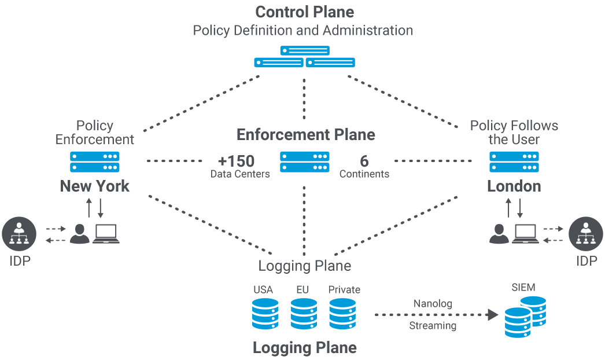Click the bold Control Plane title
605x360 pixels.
pyautogui.click(x=304, y=12)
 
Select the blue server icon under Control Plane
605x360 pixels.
pyautogui.click(x=304, y=57)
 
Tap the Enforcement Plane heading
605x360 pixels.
pyautogui.click(x=305, y=135)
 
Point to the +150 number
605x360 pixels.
pyautogui.click(x=236, y=161)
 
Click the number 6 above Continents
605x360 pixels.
pyautogui.click(x=364, y=161)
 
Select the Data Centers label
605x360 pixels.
pyautogui.click(x=239, y=174)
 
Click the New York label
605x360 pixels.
pyautogui.click(x=95, y=186)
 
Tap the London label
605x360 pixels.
pyautogui.click(x=514, y=186)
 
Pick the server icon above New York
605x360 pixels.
pyautogui.click(x=95, y=162)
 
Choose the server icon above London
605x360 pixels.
pyautogui.click(x=514, y=162)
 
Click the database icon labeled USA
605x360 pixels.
pyautogui.click(x=265, y=314)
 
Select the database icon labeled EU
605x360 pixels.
pyautogui.click(x=304, y=314)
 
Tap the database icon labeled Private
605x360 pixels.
pyautogui.click(x=342, y=314)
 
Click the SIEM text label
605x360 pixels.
pyautogui.click(x=523, y=288)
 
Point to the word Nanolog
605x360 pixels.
pyautogui.click(x=433, y=304)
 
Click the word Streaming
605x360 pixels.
pyautogui.click(x=433, y=326)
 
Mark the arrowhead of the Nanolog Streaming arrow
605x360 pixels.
pyautogui.click(x=492, y=315)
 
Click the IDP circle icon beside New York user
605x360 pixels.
pyautogui.click(x=19, y=234)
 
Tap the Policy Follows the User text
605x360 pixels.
pyautogui.click(x=514, y=133)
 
